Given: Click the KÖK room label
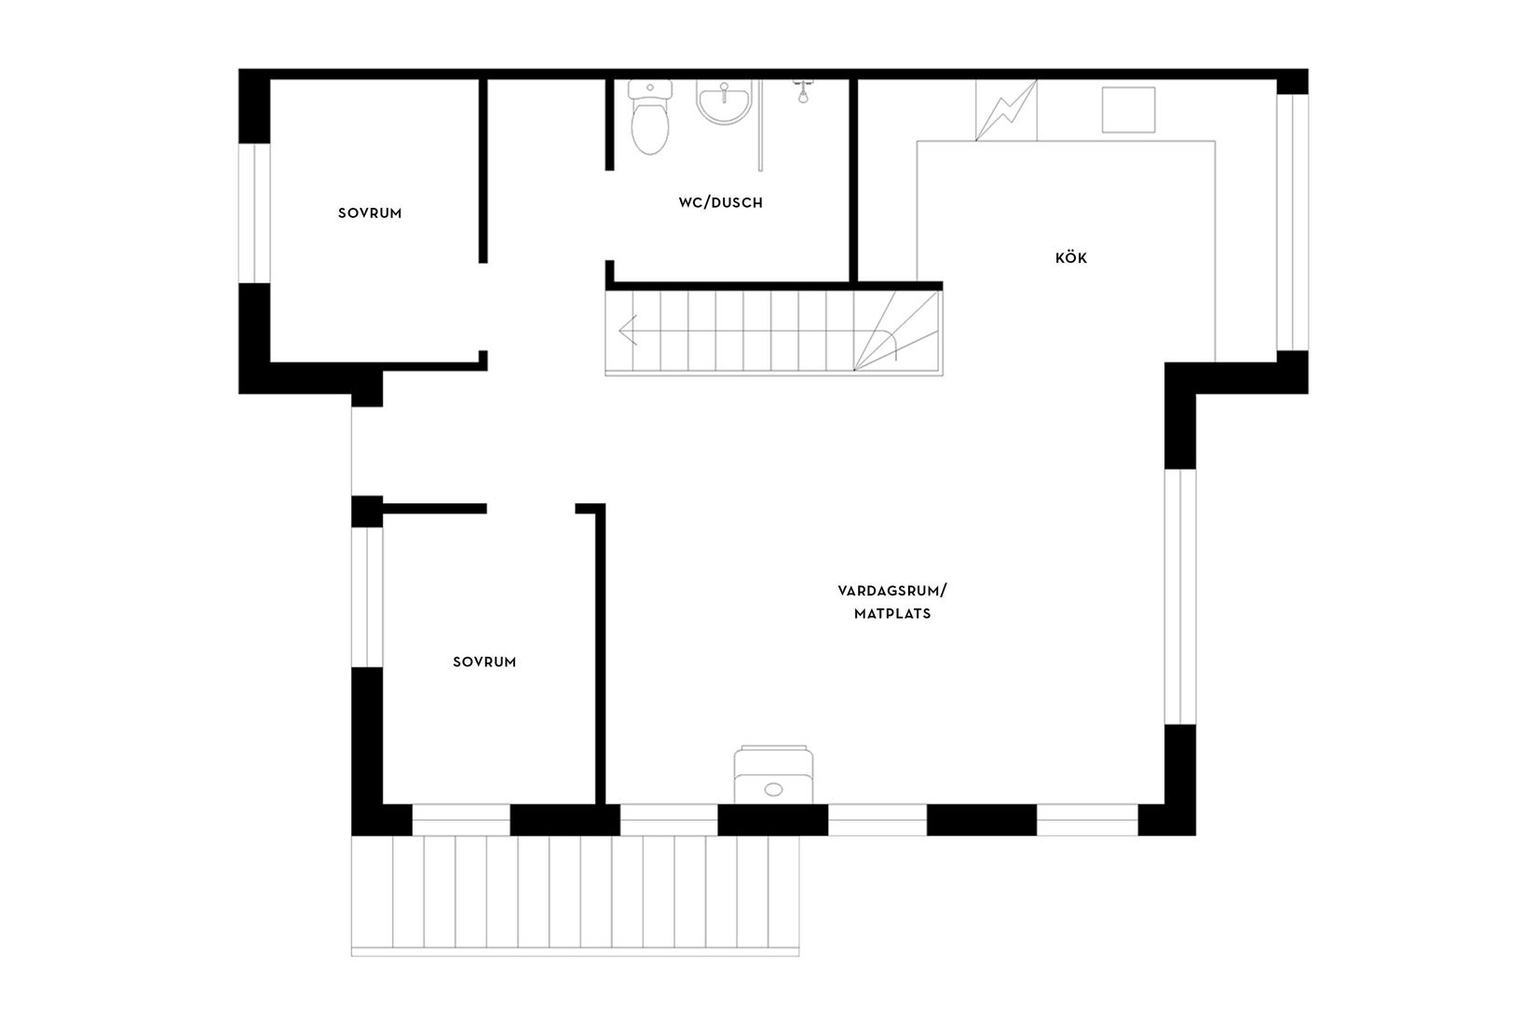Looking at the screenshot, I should click(x=1070, y=258).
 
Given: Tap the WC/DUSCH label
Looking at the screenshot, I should click(x=720, y=202).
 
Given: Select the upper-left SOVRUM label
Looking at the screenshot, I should click(x=370, y=213).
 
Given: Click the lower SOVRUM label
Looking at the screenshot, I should click(x=484, y=663).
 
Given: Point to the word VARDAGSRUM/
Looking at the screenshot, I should click(x=891, y=591).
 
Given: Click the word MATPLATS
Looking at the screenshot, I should click(x=891, y=614).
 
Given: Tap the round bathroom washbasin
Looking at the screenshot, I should click(x=723, y=103).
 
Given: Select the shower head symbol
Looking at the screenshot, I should click(x=799, y=91).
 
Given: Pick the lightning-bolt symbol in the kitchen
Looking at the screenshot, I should click(x=1006, y=110).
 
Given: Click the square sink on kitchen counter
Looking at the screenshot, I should click(x=1128, y=109).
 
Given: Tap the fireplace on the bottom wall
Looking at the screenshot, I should click(x=772, y=774).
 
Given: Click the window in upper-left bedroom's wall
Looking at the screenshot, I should click(x=254, y=212).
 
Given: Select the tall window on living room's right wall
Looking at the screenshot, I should click(x=1179, y=596).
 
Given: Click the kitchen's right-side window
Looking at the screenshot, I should click(x=1291, y=222).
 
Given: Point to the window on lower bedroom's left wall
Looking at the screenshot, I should click(x=367, y=596).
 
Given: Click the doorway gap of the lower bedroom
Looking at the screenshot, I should click(x=531, y=509).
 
